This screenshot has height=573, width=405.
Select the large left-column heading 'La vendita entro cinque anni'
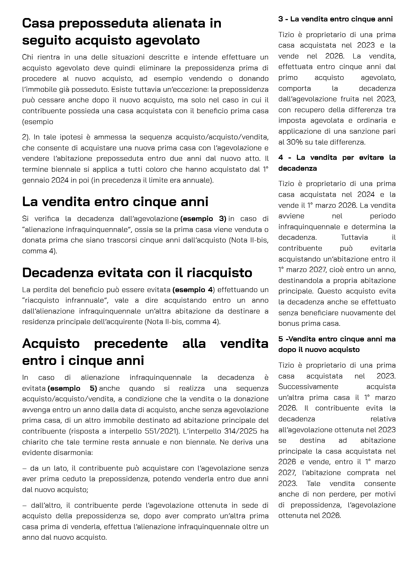(115, 202)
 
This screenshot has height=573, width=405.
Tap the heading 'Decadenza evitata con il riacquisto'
(137, 273)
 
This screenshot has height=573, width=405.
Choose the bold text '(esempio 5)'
(72, 388)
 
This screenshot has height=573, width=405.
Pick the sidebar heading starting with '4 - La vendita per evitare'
(337, 163)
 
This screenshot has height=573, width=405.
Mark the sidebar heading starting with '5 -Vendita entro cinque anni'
(337, 344)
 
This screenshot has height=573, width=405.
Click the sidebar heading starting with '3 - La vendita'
(335, 19)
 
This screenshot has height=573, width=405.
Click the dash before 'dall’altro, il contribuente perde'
(24, 506)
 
